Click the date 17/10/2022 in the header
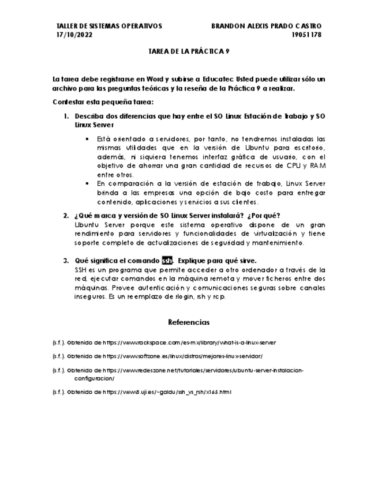(x=74, y=35)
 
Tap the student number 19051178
(x=306, y=35)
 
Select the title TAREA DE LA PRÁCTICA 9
(x=189, y=51)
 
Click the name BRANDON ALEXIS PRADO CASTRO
(x=266, y=26)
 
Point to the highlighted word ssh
(x=167, y=261)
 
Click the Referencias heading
(x=189, y=322)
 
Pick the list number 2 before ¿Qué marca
(x=66, y=216)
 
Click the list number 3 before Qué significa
(x=66, y=261)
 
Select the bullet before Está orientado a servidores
(x=88, y=139)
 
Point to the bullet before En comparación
(x=88, y=183)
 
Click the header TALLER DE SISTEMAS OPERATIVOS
(x=109, y=26)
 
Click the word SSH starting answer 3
(x=81, y=269)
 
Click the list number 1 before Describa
(x=66, y=116)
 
